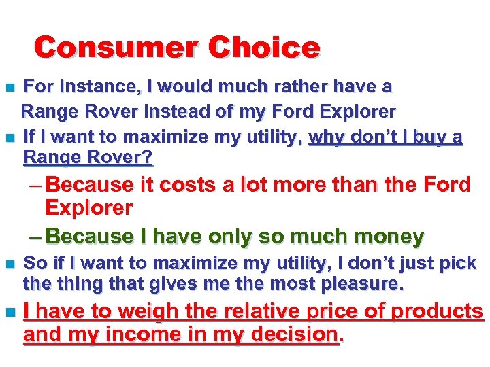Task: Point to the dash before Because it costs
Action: [34, 186]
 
